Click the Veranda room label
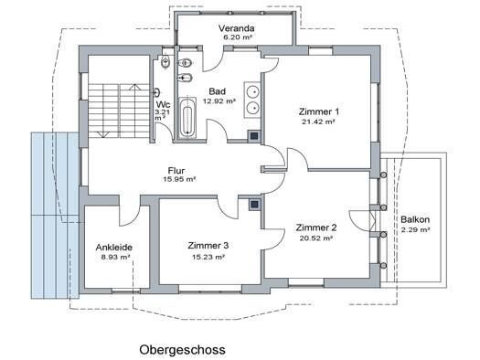(x=236, y=28)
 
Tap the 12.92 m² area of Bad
(x=219, y=101)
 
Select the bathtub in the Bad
(x=187, y=118)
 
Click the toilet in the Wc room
(x=165, y=61)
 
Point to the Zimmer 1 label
(x=319, y=111)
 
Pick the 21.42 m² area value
(x=318, y=122)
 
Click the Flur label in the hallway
(x=176, y=170)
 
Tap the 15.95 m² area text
(x=180, y=179)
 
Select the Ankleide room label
(x=114, y=247)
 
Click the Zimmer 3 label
(x=208, y=245)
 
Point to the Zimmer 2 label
(x=316, y=228)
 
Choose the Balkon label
(x=415, y=219)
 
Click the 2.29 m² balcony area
(x=415, y=229)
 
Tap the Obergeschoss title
(x=183, y=350)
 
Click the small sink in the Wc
(x=157, y=92)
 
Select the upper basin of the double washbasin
(x=253, y=90)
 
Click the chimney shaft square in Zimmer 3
(x=254, y=205)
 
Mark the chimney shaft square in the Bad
(x=254, y=136)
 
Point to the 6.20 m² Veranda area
(x=238, y=37)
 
